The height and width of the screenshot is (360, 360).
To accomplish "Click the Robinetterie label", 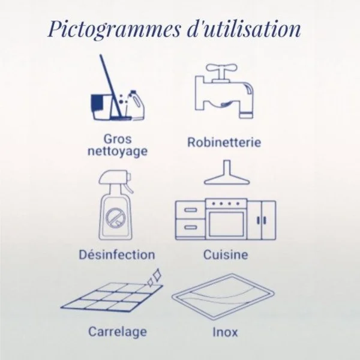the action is (224, 142).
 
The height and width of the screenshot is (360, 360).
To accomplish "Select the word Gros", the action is (118, 140).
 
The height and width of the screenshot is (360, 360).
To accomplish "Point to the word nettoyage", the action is (118, 152).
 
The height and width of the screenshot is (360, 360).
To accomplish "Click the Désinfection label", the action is (117, 254).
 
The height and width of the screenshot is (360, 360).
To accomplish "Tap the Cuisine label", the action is (226, 254).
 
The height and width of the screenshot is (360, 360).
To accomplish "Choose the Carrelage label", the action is (118, 332).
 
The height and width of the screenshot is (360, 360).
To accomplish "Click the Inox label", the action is (225, 332).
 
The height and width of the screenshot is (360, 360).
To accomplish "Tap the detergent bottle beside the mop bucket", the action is (136, 105).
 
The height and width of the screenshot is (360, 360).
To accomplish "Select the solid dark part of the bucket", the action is (96, 103).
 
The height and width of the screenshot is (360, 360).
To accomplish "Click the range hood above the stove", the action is (227, 173).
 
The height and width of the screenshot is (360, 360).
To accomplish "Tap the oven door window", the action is (226, 223).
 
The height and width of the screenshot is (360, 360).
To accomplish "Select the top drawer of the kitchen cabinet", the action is (191, 210).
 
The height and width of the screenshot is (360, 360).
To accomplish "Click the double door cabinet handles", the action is (261, 220).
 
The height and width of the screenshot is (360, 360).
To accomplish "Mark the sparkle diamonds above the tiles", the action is (154, 278).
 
